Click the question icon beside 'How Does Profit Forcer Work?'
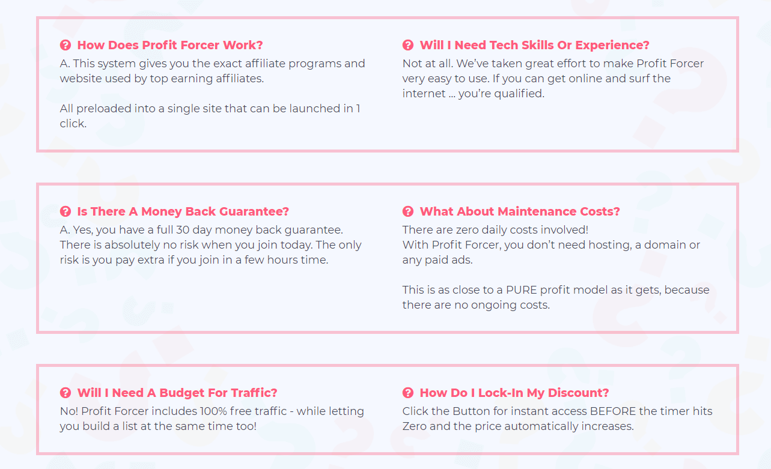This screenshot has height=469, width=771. (66, 45)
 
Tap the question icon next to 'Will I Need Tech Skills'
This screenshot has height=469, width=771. (408, 45)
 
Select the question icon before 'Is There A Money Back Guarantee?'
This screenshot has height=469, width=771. (66, 211)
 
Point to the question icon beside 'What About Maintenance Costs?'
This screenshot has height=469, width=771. (408, 211)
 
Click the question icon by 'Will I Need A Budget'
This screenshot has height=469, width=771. (66, 393)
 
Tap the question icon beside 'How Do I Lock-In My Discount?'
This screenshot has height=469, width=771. (408, 393)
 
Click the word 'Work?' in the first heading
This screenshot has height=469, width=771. (243, 45)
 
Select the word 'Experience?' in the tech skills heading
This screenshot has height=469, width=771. (612, 46)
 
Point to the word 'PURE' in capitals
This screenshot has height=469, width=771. (522, 290)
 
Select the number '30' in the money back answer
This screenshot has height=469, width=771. (183, 229)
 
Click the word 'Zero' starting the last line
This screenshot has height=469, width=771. (415, 426)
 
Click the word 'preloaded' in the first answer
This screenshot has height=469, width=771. (104, 109)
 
